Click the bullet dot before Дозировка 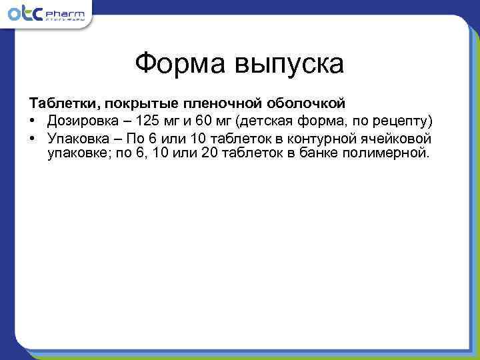[x=32, y=122]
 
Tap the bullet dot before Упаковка [x=32, y=139]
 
